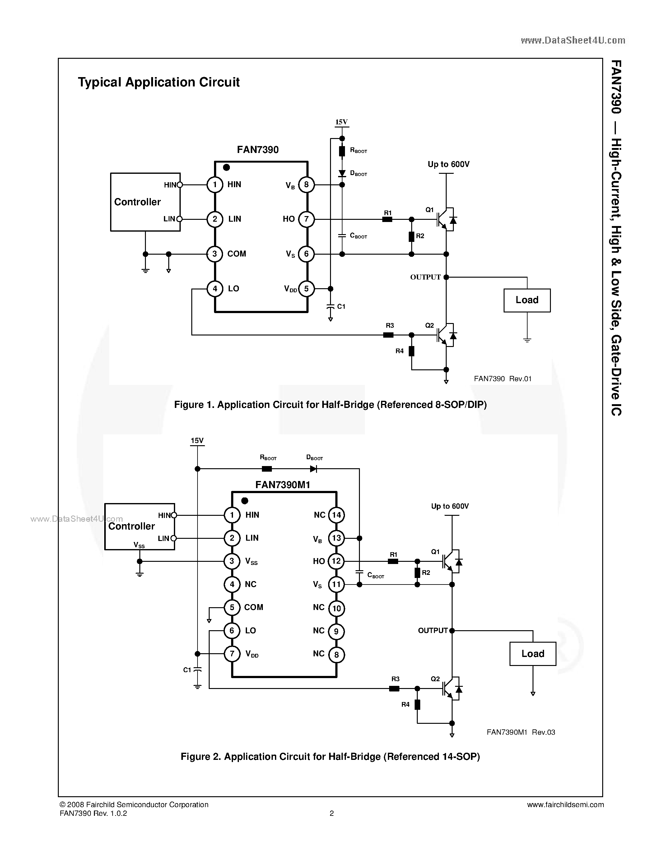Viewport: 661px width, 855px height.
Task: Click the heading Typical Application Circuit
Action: tap(159, 82)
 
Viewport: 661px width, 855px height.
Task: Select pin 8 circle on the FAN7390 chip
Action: tap(306, 185)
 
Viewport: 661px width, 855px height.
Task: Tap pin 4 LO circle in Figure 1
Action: tap(215, 289)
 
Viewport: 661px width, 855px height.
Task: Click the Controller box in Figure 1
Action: tap(145, 202)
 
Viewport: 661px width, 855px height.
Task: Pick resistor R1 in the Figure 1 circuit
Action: tap(387, 220)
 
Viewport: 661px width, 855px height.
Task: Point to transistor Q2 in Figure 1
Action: tap(446, 335)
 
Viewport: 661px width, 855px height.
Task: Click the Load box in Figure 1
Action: tap(527, 300)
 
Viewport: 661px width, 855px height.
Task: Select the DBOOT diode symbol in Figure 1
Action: tap(342, 173)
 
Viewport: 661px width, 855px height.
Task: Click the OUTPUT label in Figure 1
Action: tap(425, 277)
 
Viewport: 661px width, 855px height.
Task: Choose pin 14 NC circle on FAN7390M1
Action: tap(336, 515)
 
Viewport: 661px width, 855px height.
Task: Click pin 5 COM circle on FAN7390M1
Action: tap(232, 608)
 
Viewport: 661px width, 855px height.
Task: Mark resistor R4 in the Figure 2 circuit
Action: tap(417, 705)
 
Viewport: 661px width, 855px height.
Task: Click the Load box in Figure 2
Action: tap(533, 654)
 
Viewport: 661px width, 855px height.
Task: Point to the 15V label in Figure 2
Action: tap(197, 441)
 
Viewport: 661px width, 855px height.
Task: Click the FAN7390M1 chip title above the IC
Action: tap(283, 485)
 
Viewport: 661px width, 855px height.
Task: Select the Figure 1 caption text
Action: tap(330, 405)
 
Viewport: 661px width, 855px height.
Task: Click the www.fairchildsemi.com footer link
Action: tap(565, 805)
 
